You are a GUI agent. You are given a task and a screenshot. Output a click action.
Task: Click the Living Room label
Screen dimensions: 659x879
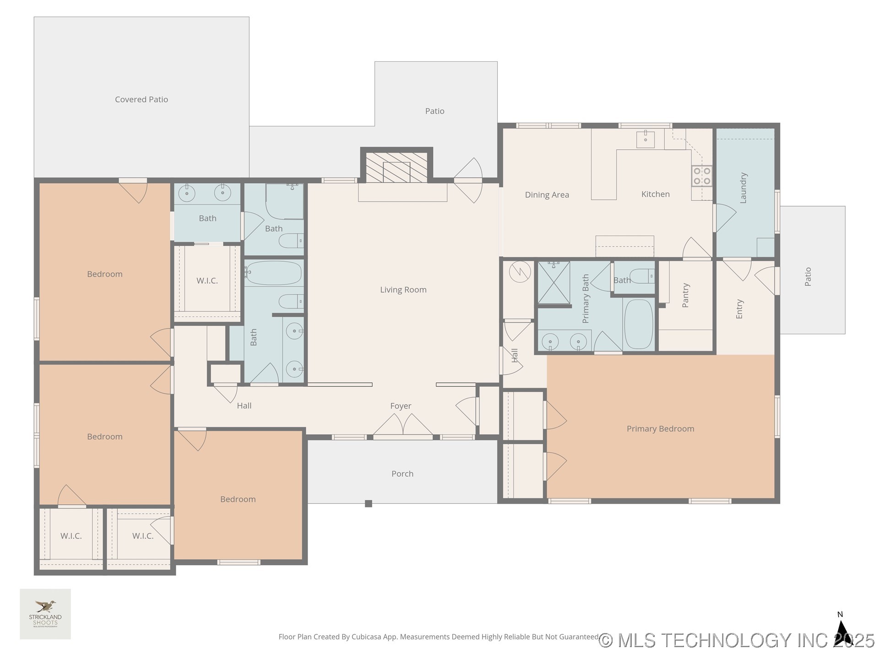[x=403, y=290]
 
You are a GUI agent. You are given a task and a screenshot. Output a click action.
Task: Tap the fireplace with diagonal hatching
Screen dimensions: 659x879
[x=396, y=167]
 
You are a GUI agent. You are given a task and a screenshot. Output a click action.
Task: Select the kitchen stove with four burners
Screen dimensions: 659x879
[x=702, y=176]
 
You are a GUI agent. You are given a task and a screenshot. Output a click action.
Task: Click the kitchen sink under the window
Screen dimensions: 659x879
[x=645, y=139]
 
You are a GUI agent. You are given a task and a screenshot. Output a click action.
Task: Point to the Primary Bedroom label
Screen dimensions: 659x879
[x=660, y=429]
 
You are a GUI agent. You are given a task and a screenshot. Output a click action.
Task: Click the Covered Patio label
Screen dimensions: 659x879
[x=141, y=99]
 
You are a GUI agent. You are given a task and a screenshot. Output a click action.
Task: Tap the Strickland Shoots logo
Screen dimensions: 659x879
[x=45, y=614]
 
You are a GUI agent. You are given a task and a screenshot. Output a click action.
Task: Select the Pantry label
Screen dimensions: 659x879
[x=685, y=295]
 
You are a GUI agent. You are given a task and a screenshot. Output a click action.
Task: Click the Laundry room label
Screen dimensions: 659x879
[x=743, y=188]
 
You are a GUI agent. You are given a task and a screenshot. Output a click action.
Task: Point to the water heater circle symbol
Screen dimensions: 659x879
[x=520, y=273]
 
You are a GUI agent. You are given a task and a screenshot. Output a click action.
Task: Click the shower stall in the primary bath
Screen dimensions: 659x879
[x=553, y=283]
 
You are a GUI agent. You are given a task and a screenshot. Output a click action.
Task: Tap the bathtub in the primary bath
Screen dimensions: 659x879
[x=639, y=324]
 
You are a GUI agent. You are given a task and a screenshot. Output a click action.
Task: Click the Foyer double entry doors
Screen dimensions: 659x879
[x=403, y=426]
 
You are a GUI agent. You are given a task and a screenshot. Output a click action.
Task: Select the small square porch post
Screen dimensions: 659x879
[x=369, y=504]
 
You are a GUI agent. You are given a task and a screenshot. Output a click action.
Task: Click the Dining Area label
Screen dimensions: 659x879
[x=547, y=195]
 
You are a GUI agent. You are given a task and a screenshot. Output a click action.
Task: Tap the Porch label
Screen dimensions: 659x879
[x=402, y=474]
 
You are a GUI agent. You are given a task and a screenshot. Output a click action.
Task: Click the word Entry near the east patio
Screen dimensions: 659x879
[x=739, y=309]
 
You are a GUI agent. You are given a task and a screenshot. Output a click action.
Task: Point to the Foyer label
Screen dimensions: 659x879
[x=401, y=406]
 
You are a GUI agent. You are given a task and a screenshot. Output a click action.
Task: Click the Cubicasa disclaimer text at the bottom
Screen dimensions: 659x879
[x=438, y=637]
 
